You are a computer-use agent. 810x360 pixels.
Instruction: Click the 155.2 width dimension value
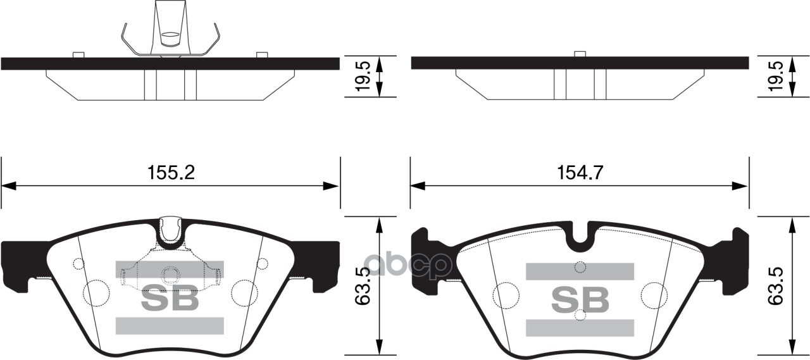[x=171, y=173]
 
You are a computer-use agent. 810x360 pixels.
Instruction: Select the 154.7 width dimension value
[x=580, y=173]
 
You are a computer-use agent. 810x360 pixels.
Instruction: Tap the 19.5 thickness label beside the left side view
[x=363, y=77]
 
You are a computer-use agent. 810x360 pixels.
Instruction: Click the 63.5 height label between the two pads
[x=363, y=287]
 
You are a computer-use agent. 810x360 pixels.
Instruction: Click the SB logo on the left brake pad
[x=170, y=299]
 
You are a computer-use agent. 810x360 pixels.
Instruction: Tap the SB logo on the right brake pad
[x=580, y=299]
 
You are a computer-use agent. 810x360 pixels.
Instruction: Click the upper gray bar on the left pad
[x=170, y=269]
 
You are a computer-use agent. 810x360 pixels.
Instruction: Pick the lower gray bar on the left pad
[x=170, y=325]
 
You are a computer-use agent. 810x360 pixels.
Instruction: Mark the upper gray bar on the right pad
[x=580, y=271]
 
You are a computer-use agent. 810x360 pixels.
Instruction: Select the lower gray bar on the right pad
[x=580, y=327]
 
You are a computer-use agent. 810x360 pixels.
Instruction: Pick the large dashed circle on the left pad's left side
[x=96, y=292]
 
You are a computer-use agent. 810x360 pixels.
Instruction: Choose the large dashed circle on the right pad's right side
[x=653, y=294]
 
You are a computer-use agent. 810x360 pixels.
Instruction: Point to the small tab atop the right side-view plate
[x=579, y=54]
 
